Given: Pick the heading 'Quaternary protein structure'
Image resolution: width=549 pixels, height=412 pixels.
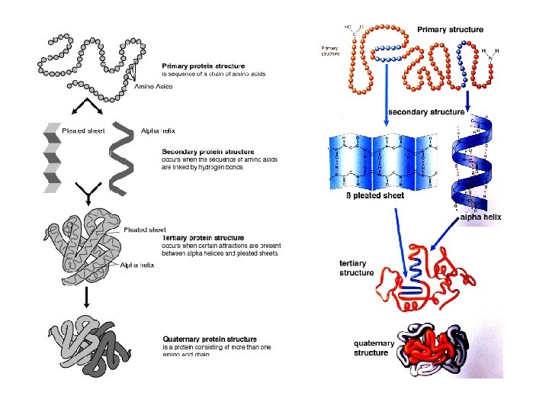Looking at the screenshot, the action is [x=210, y=339].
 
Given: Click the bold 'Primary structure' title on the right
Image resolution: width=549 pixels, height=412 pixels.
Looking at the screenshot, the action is [x=450, y=30].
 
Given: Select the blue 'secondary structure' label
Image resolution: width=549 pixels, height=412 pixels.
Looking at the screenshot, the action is [x=426, y=112].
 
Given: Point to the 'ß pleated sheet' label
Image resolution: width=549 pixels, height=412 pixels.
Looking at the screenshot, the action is [x=374, y=196].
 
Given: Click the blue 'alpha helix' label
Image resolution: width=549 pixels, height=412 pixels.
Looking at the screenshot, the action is [x=480, y=217].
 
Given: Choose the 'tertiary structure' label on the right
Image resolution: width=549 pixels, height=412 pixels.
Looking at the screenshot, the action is [x=356, y=268].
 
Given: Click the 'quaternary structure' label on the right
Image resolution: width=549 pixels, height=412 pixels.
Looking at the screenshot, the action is [x=374, y=348].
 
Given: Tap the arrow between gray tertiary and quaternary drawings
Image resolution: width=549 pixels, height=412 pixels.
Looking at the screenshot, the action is [x=88, y=298].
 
